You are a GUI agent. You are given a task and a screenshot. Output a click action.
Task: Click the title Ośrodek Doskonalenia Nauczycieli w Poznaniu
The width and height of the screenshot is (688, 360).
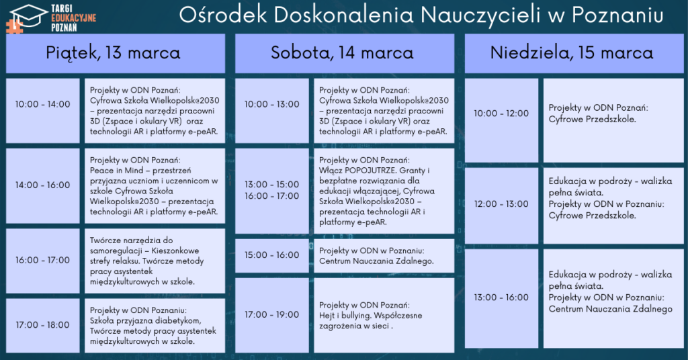tap(421, 15)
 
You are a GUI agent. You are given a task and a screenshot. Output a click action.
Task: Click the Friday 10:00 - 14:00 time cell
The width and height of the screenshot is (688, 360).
tap(42, 111)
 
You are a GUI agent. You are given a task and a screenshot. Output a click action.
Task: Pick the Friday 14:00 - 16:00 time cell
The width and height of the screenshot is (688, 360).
tap(42, 185)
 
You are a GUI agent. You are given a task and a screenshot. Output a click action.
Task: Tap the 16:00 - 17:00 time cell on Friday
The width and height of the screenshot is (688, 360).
tap(42, 261)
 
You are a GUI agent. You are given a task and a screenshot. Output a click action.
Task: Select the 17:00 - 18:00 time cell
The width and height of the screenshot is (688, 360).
tap(42, 325)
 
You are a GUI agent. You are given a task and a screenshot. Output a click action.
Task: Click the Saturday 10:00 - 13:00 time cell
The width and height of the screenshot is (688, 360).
tap(272, 111)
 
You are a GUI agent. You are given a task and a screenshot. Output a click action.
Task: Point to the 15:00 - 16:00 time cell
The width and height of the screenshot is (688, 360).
tap(272, 255)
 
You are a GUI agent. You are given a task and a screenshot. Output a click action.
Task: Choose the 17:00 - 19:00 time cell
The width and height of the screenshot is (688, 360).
tap(272, 315)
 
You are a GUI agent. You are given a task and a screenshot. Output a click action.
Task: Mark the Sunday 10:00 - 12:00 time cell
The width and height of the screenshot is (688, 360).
tap(501, 120)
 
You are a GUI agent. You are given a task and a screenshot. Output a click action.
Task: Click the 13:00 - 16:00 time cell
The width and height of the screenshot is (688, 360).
tap(501, 298)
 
